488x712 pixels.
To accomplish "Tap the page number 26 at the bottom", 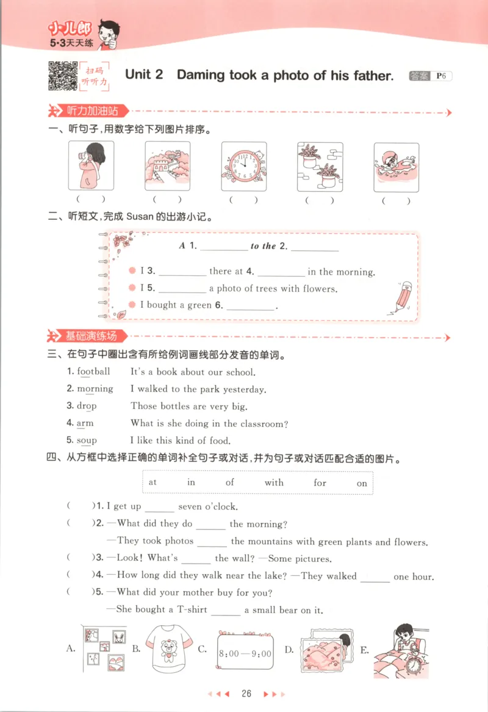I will tap(246, 694).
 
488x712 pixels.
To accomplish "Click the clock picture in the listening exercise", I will tap(243, 166).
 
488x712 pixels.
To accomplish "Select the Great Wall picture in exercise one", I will tap(167, 166).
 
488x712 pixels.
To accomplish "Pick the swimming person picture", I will tap(396, 166).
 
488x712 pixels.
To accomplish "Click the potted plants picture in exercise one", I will tap(320, 166).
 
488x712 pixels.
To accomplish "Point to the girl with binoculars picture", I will tap(91, 166).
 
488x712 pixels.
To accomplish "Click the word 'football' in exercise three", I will tap(93, 371).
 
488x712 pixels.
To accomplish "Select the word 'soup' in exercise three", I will tap(87, 440).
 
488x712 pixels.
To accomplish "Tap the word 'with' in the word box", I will tap(274, 482).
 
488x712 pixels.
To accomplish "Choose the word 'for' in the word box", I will tap(320, 482).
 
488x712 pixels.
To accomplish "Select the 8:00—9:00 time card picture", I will tap(245, 652).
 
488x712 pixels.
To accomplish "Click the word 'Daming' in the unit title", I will tap(201, 75).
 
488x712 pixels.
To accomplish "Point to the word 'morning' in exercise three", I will tap(95, 389).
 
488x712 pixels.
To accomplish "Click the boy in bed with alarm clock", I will tap(401, 650).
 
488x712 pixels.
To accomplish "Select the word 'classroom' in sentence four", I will tap(264, 423).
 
